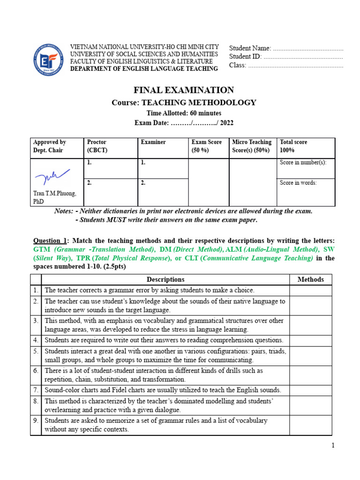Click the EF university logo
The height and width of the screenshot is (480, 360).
[x=45, y=59]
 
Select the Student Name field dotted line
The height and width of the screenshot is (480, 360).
[x=308, y=49]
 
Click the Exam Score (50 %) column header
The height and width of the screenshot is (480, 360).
[x=207, y=146]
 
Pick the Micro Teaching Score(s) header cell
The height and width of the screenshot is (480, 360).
[x=252, y=146]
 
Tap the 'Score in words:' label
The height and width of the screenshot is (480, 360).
[x=298, y=183]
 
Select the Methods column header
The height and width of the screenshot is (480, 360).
[x=310, y=280]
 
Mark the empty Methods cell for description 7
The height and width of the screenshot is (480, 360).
[x=310, y=390]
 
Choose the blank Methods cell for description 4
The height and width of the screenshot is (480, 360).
[x=310, y=340]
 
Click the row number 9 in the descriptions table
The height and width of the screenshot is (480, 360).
[x=36, y=421]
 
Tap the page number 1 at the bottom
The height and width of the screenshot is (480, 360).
[x=333, y=446]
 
